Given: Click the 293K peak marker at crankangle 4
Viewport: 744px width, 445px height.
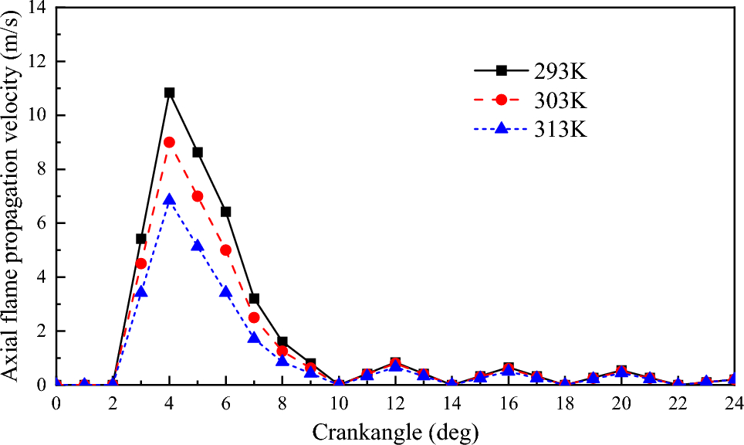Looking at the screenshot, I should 169,93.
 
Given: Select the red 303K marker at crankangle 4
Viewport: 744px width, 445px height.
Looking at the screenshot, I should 169,142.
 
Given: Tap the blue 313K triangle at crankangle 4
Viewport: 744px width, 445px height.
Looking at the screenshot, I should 169,200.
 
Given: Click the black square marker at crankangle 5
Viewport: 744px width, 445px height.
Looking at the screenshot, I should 198,152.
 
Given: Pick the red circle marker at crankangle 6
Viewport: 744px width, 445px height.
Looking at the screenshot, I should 225,250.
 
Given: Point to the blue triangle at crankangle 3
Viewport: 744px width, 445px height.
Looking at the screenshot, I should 141,291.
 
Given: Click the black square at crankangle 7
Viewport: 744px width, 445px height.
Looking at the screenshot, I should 254,298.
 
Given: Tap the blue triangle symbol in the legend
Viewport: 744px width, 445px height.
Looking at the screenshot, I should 501,129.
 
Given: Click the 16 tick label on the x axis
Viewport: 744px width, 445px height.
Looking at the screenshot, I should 509,403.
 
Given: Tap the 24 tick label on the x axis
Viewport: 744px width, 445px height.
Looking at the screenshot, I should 733,403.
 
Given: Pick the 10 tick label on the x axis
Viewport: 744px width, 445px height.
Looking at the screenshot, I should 339,403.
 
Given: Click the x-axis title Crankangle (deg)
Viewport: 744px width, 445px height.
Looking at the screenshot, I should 395,431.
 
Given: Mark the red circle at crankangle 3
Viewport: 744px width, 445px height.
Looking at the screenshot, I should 141,263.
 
